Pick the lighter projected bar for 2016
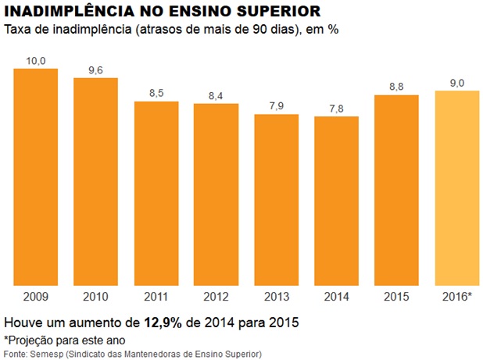tap(456, 187)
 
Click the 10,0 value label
tap(36, 60)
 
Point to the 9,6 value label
tap(96, 70)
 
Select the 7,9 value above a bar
tap(277, 105)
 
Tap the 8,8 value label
tap(397, 87)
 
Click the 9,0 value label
tap(456, 82)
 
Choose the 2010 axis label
tap(96, 297)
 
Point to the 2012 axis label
tap(216, 297)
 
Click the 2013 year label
tap(277, 297)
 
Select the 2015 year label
tap(397, 297)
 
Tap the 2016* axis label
tap(456, 297)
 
